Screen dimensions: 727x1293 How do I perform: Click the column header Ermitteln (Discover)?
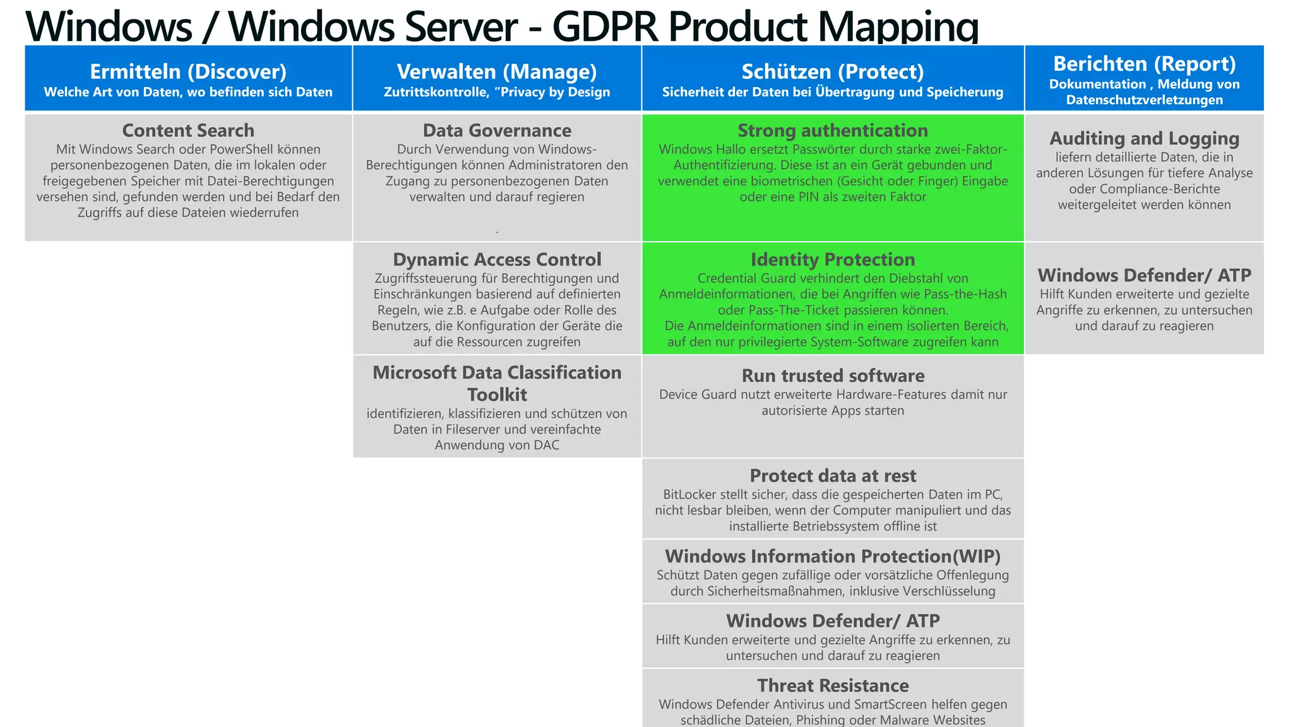[x=188, y=72]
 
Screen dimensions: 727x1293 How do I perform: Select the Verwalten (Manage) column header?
[x=497, y=72]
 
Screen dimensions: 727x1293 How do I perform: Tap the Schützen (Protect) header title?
[x=832, y=72]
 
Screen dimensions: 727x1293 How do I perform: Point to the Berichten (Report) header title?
[x=1144, y=64]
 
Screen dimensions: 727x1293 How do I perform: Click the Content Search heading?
[x=188, y=131]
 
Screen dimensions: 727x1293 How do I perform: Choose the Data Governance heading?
[x=497, y=131]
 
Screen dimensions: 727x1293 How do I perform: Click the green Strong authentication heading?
[x=832, y=131]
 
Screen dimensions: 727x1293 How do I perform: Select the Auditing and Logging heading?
[x=1144, y=138]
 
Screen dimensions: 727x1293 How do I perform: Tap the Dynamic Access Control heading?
[x=497, y=259]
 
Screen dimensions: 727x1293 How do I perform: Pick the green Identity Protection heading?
[x=832, y=259]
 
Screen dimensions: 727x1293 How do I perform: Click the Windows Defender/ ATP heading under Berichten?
[x=1144, y=275]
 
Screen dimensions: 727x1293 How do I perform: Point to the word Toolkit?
[x=497, y=394]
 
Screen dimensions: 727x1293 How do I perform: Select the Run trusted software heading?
[x=832, y=375]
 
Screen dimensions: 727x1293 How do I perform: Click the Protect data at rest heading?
[x=832, y=476]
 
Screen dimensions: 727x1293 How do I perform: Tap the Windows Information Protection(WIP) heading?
[x=832, y=556]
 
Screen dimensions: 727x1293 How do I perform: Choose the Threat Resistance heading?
[x=832, y=685]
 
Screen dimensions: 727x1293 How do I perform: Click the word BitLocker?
[x=689, y=495]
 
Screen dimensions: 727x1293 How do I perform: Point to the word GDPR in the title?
[x=605, y=27]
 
